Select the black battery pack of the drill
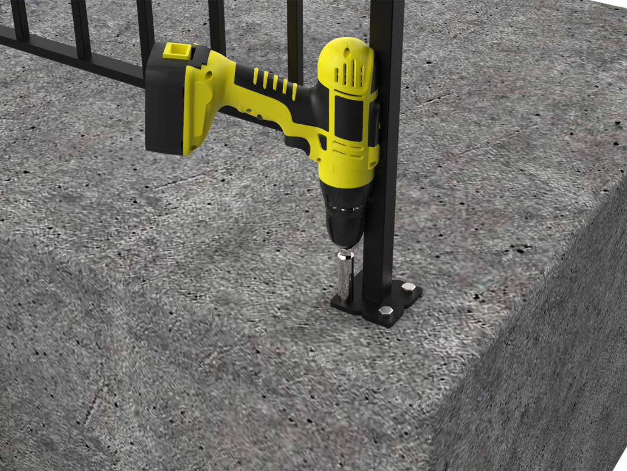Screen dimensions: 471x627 pyautogui.click(x=166, y=101)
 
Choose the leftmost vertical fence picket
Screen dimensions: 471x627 pyautogui.click(x=20, y=18)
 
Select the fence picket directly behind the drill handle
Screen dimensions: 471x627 pyautogui.click(x=295, y=37)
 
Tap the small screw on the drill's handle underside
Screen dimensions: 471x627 pyautogui.click(x=250, y=112)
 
